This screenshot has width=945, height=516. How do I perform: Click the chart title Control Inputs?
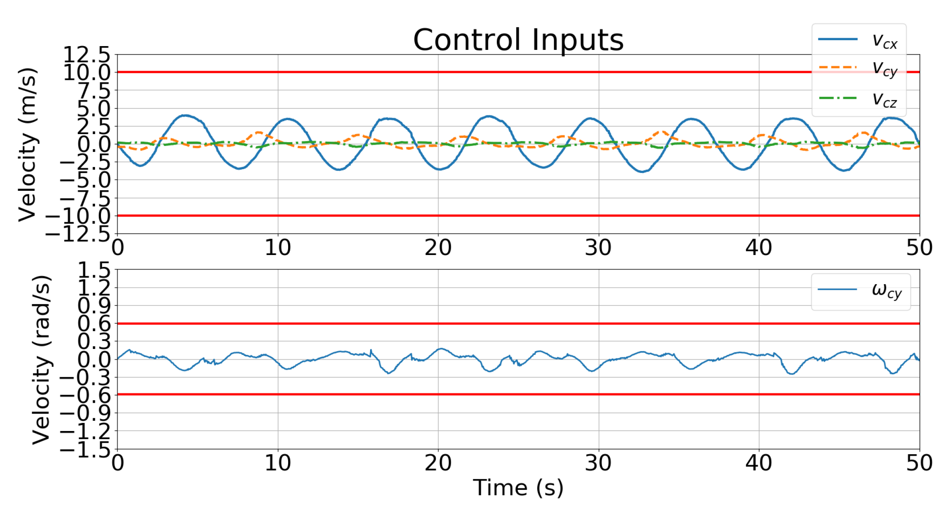[518, 40]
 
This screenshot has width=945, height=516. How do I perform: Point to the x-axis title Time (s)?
[518, 488]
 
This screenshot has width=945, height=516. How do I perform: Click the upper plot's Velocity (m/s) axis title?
[28, 144]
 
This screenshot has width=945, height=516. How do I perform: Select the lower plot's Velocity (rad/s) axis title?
[41, 360]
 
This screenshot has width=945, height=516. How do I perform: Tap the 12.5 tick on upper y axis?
[87, 55]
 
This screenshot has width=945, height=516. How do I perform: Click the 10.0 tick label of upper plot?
[87, 73]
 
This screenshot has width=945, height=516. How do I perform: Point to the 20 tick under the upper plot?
[438, 248]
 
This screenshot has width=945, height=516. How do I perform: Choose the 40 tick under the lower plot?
[759, 463]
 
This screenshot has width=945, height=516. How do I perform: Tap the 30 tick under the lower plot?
[598, 463]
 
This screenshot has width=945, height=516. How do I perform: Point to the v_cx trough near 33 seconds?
[642, 172]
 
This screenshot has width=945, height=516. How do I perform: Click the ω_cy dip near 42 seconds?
[791, 374]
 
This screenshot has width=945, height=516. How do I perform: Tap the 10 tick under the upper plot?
[278, 248]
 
